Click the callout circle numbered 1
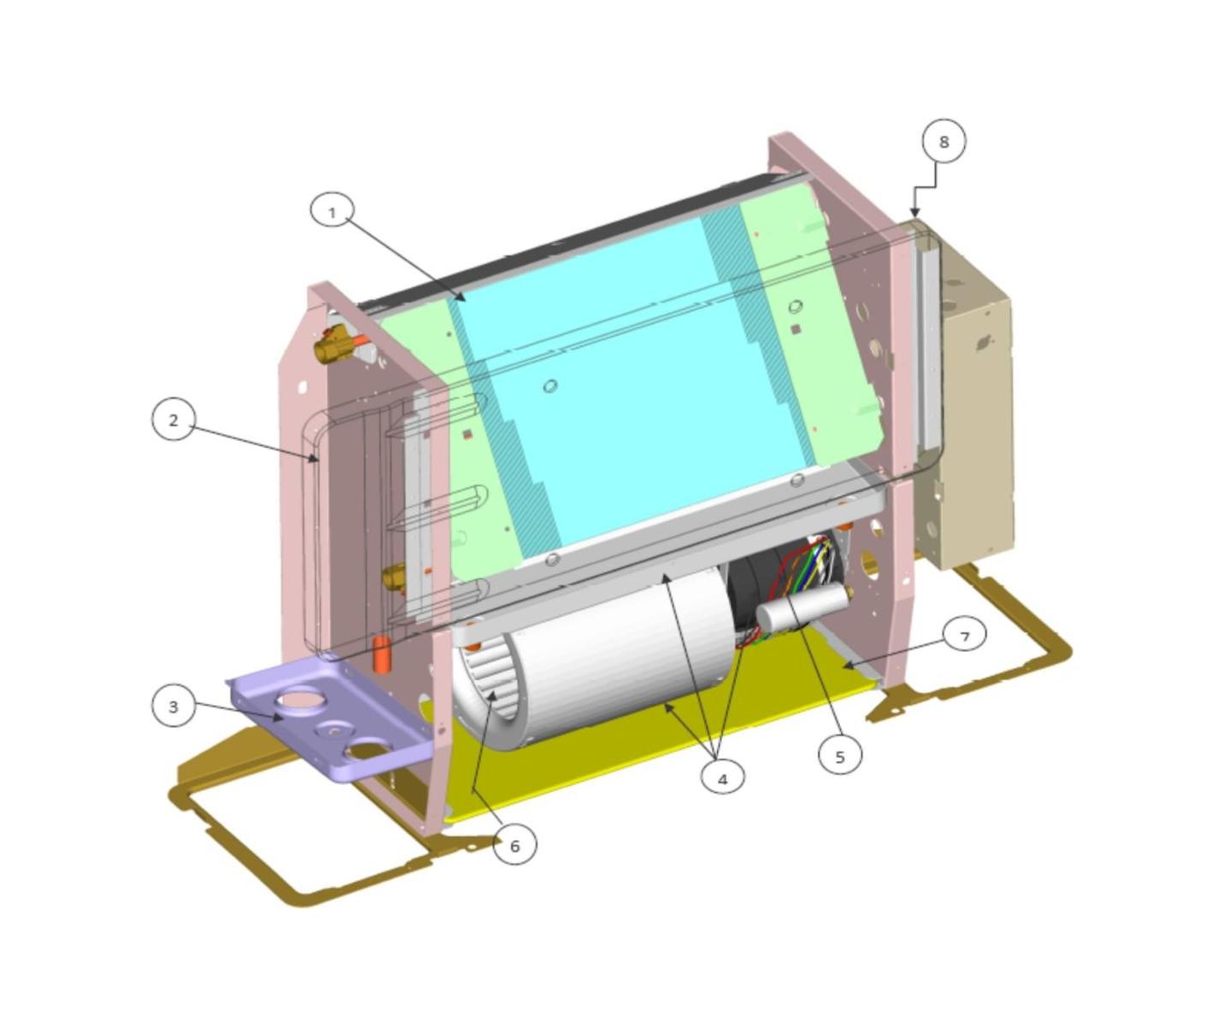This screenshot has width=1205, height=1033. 332,213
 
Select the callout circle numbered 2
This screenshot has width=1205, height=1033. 173,420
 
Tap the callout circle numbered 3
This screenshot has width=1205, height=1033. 173,707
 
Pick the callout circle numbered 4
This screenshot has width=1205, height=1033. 722,779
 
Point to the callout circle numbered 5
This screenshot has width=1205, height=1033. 840,757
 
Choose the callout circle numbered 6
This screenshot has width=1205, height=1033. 514,845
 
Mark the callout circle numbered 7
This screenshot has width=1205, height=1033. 965,637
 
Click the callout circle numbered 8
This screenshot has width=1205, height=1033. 943,142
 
